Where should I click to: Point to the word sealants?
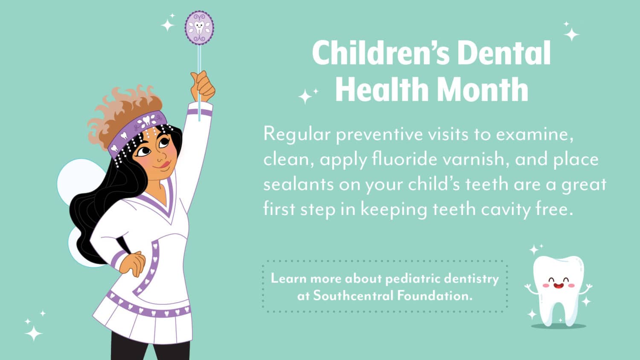point(298,184)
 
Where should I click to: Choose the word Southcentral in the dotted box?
point(353,296)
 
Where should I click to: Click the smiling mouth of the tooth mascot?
point(558,285)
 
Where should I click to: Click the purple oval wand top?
point(199,28)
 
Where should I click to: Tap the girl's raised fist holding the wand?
point(203,86)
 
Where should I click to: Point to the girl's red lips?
point(165,164)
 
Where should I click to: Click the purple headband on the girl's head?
point(137,131)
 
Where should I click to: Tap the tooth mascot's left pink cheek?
point(546,285)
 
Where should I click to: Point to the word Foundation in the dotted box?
point(435,296)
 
